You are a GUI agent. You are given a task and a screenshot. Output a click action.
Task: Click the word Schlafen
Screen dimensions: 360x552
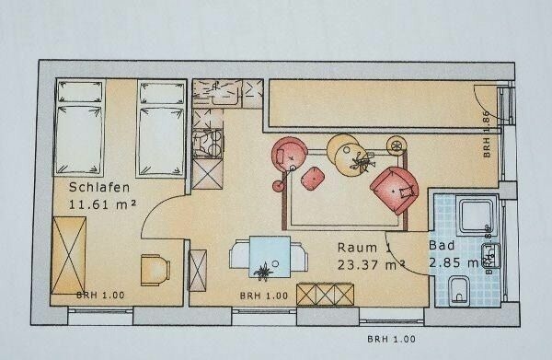coord(97,188)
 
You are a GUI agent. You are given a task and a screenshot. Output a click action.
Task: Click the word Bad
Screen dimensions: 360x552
coord(441,247)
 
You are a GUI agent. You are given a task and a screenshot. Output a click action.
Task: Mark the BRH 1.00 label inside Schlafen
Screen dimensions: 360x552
coord(95,296)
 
